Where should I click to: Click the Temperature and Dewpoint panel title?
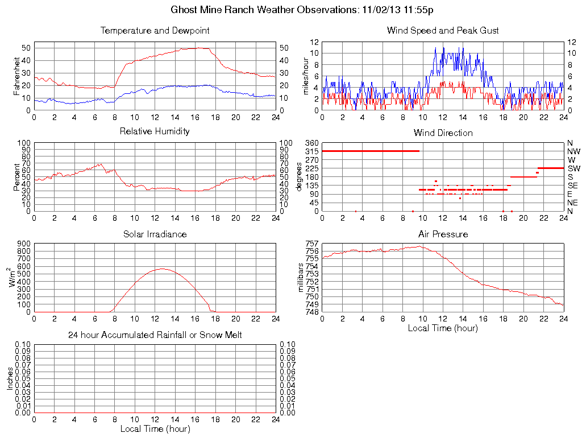(x=155, y=31)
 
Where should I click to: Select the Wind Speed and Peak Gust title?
(x=443, y=31)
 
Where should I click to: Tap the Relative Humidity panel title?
(x=155, y=131)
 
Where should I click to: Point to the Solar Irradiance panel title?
(x=155, y=234)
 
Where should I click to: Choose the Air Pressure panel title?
(x=443, y=234)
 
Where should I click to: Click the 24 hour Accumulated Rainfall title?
(x=155, y=335)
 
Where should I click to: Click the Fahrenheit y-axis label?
(x=17, y=76)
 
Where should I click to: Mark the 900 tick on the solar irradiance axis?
(x=24, y=244)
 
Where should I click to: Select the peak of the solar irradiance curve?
(x=163, y=269)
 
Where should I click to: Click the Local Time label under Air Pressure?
(x=443, y=328)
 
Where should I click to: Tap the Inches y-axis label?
(x=10, y=378)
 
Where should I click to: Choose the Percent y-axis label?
(x=17, y=177)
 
